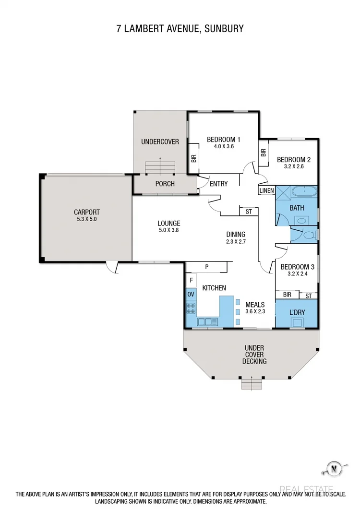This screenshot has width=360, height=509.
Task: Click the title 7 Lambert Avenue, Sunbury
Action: pos(180,29)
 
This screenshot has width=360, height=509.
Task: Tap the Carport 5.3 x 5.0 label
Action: pos(87,215)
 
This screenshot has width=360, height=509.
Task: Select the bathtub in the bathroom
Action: pos(304,193)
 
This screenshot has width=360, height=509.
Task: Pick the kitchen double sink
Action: pos(207,321)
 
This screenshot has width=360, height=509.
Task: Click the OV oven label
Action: pos(191,294)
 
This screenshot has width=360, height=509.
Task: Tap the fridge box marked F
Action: pos(191,280)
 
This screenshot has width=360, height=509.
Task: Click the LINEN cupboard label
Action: pos(266,191)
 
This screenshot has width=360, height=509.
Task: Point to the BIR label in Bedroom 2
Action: pos(263,153)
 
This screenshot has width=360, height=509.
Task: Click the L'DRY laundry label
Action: pos(297,313)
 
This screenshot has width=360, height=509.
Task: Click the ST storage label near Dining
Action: pos(249,212)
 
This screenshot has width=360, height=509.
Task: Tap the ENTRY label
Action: pos(218,184)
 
